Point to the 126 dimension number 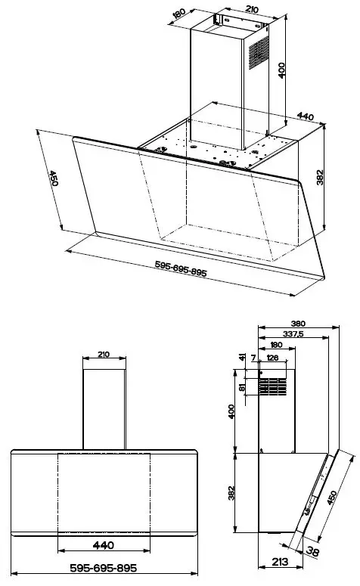[x=273, y=358]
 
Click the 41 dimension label [x=242, y=358]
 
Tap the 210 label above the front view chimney [x=103, y=355]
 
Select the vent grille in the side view [x=274, y=389]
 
